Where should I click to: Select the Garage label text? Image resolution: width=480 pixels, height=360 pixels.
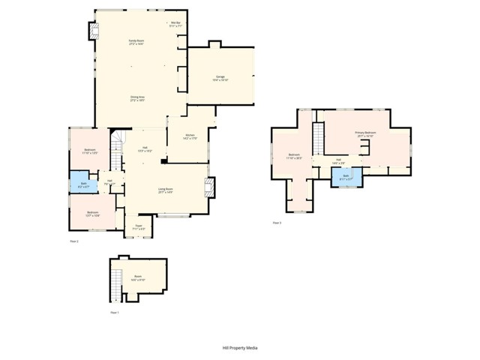[220, 78]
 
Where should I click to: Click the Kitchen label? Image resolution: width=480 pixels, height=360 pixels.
[190, 136]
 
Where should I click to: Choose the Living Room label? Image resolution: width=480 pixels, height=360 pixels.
[165, 190]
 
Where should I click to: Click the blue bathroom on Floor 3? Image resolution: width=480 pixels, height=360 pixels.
[346, 178]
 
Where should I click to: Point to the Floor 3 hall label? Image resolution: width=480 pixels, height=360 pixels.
[338, 160]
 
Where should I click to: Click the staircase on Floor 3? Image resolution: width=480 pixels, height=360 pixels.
[317, 139]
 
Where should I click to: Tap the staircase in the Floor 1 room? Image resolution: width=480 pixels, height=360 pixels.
[115, 284]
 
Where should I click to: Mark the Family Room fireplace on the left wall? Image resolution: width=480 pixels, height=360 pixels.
[94, 31]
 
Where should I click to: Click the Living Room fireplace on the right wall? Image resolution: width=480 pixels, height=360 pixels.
[210, 186]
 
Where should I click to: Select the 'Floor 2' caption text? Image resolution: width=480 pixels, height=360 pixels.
[74, 241]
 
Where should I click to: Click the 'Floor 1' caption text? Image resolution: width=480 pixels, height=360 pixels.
[114, 311]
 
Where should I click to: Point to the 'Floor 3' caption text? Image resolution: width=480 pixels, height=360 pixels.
[277, 223]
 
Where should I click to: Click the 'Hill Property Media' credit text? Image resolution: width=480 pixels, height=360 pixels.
[240, 348]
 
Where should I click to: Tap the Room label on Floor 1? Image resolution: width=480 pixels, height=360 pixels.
[138, 277]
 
